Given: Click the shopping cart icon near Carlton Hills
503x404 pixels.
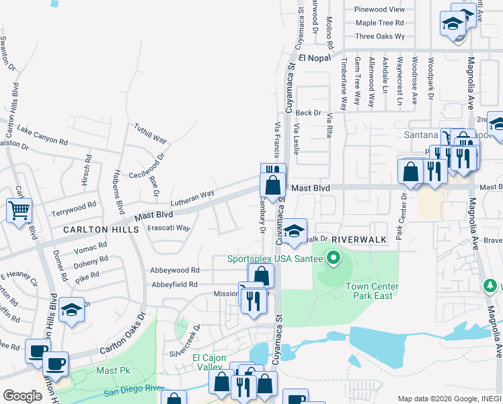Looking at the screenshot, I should (x=20, y=210).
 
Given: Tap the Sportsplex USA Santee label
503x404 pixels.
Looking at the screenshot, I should (x=276, y=258).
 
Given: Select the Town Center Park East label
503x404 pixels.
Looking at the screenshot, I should (x=373, y=292).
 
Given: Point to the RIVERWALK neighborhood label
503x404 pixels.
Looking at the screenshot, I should (x=359, y=239).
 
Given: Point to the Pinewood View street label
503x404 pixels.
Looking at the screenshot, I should (x=380, y=9).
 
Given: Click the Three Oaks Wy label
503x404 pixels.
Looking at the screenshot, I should (x=380, y=36).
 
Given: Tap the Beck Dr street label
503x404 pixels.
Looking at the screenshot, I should (x=309, y=113).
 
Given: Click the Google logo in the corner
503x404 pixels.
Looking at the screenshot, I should (x=22, y=396).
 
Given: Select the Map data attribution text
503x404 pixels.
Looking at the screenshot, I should (x=449, y=399).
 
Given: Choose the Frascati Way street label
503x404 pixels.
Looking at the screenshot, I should (x=168, y=228).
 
